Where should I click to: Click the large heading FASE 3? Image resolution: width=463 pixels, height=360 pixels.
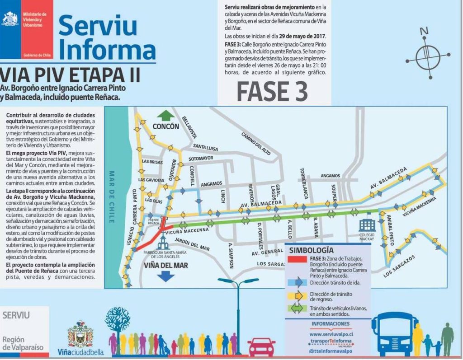272,92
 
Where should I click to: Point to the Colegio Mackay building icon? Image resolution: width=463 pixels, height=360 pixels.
367,225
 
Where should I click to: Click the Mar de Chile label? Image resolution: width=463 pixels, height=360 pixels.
111,197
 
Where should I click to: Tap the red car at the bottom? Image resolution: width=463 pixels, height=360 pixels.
261,347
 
